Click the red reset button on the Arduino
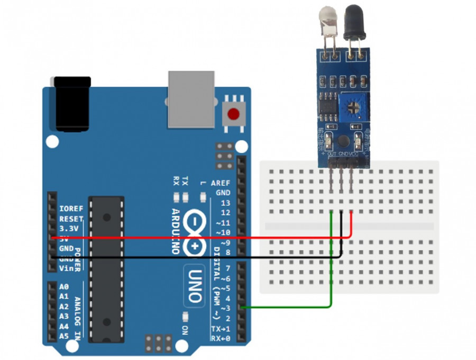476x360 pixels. pyautogui.click(x=233, y=113)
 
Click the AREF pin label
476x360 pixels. pyautogui.click(x=221, y=183)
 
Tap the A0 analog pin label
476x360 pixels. pyautogui.click(x=64, y=286)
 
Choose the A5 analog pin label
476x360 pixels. pyautogui.click(x=64, y=336)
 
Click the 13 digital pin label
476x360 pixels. pyautogui.click(x=225, y=203)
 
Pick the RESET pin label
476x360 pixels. pyautogui.click(x=71, y=219)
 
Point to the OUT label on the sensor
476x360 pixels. pyautogui.click(x=332, y=154)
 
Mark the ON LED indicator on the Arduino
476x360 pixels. pyautogui.click(x=186, y=317)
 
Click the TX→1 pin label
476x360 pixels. pyautogui.click(x=221, y=329)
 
